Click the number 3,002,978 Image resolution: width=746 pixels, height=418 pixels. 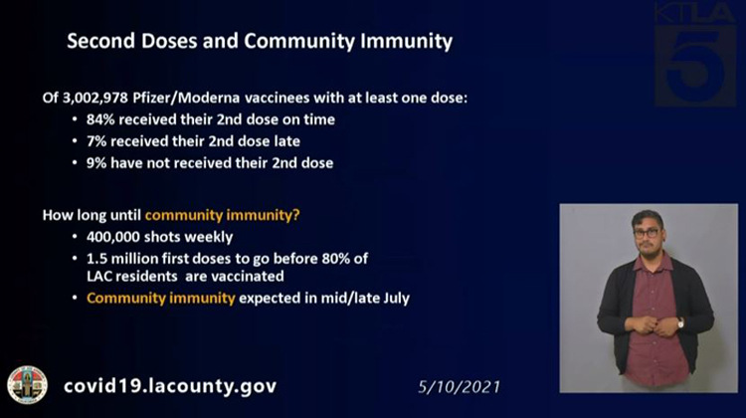coord(95,99)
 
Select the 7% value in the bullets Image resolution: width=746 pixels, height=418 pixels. coord(96,141)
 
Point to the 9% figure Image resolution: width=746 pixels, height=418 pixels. coord(96,163)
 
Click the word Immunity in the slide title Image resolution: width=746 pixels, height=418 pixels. coord(406,42)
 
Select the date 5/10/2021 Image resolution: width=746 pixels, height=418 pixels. coord(460,386)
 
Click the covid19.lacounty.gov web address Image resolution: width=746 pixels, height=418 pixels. coord(170,385)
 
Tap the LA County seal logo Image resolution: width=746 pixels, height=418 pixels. coord(27,385)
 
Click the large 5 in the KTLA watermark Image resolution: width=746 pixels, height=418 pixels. coord(695,66)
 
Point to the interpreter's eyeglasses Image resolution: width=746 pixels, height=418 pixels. coord(647,233)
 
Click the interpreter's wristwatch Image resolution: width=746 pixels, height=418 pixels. coord(680,323)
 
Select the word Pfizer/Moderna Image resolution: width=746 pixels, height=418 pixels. coord(186,99)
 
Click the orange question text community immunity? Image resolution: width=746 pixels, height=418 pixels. coord(222,216)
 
